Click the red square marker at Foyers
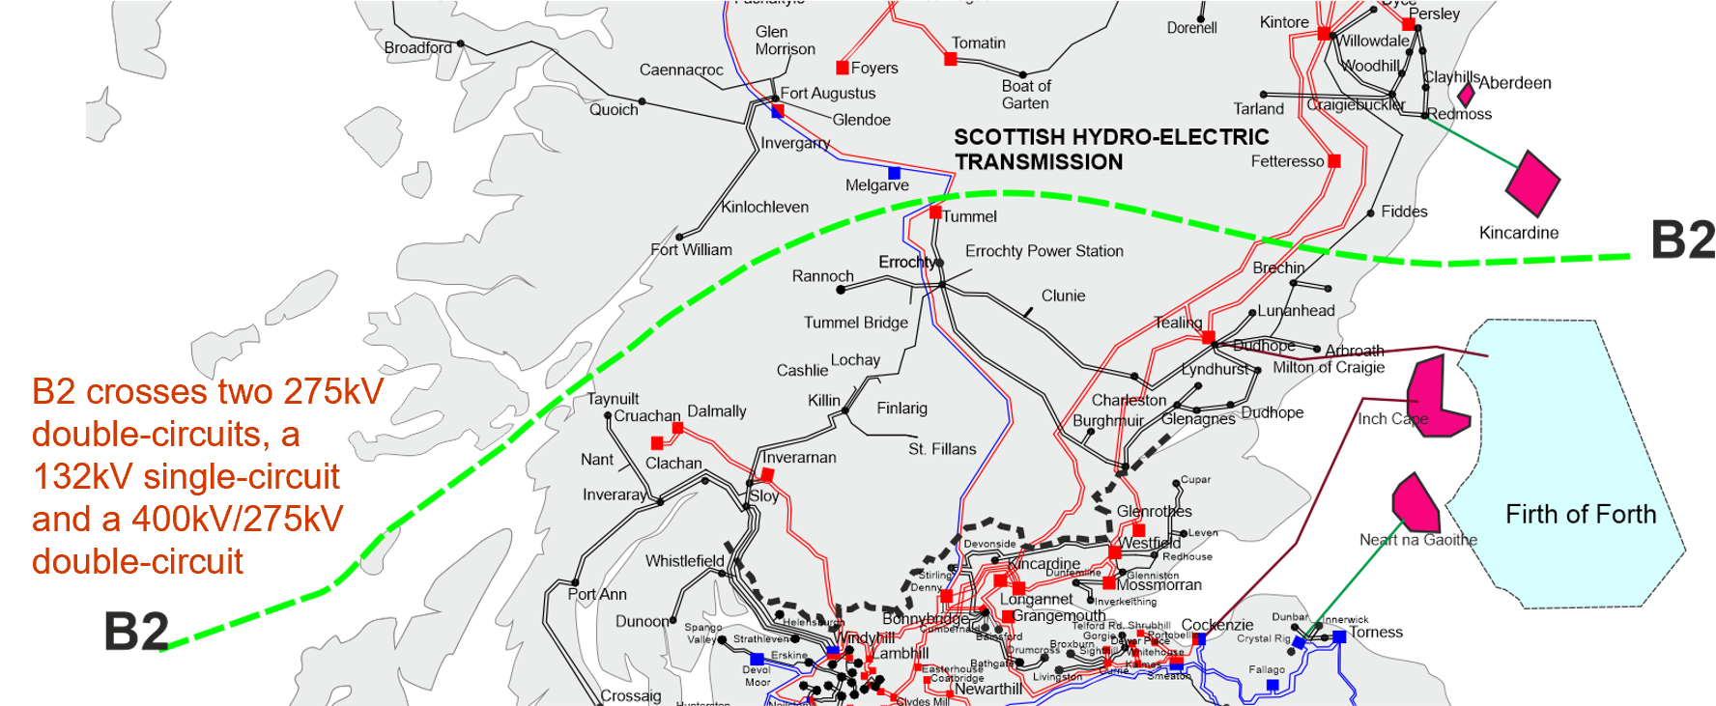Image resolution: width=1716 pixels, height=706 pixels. [x=843, y=68]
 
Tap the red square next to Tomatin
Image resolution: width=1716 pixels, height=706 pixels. [x=951, y=60]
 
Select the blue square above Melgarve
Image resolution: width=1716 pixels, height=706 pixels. [x=894, y=173]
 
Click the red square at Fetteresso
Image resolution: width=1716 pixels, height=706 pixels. [x=1334, y=161]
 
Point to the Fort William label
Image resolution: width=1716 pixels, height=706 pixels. [x=692, y=250]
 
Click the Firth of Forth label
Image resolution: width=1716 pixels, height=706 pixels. [x=1581, y=515]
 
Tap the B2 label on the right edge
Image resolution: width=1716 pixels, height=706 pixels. [x=1682, y=239]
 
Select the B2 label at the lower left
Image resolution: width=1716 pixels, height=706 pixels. [x=136, y=633]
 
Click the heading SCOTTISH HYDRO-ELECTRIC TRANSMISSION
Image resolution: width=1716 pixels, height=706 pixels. [x=1111, y=150]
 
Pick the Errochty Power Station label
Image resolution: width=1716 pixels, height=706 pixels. [x=1044, y=251]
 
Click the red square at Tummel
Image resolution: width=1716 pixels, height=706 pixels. [x=935, y=212]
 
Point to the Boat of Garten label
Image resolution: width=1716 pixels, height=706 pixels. [x=1026, y=95]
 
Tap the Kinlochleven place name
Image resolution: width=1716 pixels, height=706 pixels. [x=764, y=207]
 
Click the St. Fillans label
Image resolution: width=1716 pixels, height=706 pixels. [x=942, y=449]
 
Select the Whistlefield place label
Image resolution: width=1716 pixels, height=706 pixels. [x=684, y=561]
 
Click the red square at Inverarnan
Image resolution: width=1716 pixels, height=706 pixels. [x=767, y=474]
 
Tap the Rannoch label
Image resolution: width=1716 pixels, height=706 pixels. [x=822, y=276]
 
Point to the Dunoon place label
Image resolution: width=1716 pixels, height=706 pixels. [x=642, y=621]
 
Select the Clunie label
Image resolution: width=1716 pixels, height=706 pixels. [x=1063, y=296]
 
